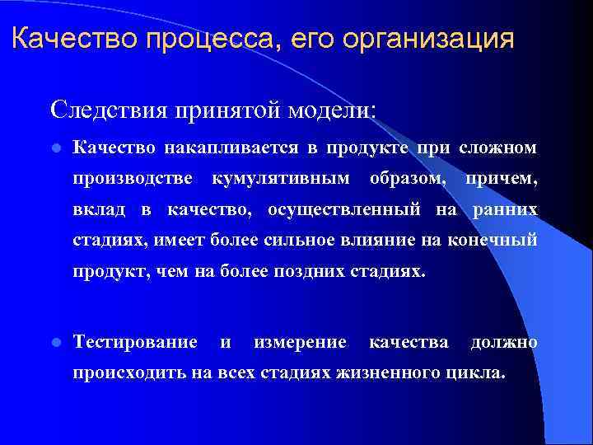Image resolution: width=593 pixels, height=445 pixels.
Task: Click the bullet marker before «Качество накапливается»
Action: (55, 148)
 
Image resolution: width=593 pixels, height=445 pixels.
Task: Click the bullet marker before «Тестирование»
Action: (55, 342)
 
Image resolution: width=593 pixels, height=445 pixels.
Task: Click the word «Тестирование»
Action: (135, 342)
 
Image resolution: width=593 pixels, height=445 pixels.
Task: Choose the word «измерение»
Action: (300, 342)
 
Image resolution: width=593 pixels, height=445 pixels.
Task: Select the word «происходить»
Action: (130, 372)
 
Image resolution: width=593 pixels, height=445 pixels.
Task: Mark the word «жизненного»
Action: (374, 372)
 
